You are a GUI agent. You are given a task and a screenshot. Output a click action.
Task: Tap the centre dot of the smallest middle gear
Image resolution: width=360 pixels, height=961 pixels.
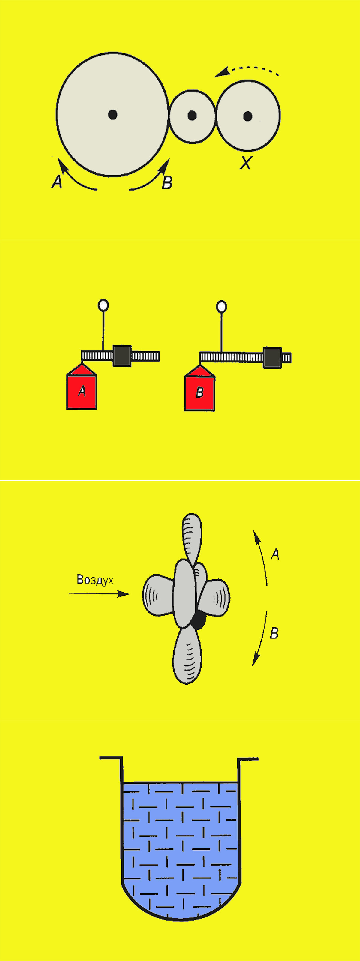coord(192,115)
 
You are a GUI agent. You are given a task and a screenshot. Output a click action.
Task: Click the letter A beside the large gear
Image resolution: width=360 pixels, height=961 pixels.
coord(57,182)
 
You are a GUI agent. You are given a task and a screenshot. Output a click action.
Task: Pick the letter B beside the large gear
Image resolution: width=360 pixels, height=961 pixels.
coord(167,182)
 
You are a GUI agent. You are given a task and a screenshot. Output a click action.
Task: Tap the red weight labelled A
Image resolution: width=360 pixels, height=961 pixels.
coord(82,387)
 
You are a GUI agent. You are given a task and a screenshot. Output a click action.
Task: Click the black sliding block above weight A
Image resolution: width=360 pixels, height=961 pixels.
coord(122,356)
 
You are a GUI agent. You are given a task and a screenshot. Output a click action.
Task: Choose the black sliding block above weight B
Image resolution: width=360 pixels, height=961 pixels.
coord(272,357)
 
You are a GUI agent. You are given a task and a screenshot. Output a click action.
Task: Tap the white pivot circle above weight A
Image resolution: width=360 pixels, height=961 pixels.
coord(103,305)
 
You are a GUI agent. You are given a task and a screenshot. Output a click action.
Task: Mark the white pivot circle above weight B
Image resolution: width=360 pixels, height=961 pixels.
coord(222,307)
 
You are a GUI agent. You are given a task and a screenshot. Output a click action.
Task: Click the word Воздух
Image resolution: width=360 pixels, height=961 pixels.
coord(95,579)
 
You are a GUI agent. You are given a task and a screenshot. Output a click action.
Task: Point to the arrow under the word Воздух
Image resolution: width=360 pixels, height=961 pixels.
coord(99,593)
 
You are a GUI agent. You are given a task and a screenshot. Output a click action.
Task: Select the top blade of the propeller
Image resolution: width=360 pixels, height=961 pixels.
coord(192,538)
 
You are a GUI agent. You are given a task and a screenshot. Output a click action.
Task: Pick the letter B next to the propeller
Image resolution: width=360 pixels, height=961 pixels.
coord(274,633)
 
